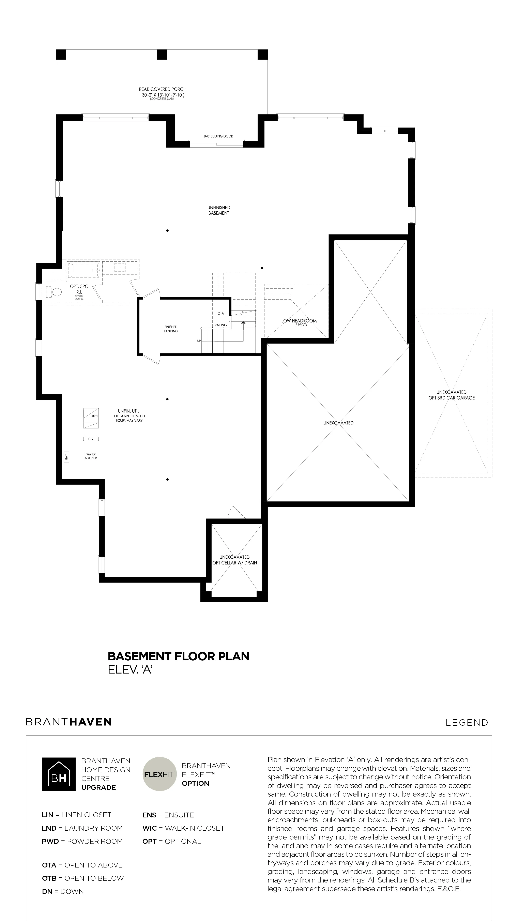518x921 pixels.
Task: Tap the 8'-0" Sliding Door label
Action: [218, 136]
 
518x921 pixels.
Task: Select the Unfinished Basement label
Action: [219, 210]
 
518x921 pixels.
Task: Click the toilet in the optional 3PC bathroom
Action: [55, 292]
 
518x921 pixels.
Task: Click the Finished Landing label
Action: [171, 329]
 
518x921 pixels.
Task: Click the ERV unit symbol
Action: [91, 439]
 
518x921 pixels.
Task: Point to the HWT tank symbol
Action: [66, 457]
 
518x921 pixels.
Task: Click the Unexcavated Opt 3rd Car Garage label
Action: [452, 395]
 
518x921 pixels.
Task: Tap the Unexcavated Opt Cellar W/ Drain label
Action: [234, 560]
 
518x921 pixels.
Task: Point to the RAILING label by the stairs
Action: [220, 325]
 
